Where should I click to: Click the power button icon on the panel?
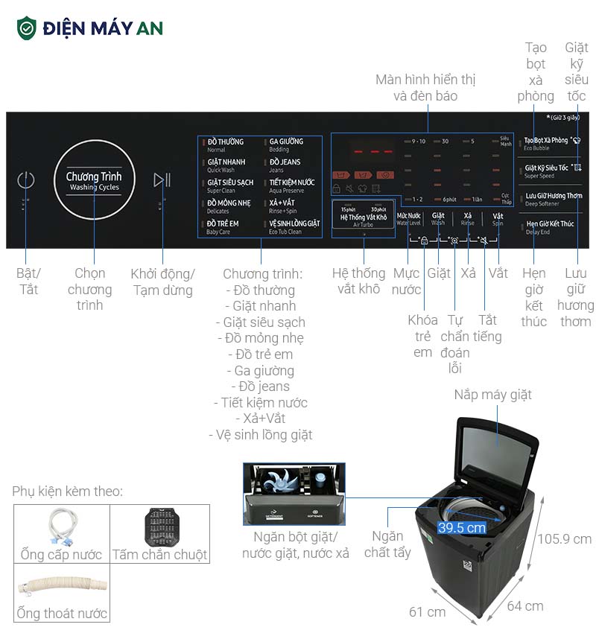[x=26, y=179]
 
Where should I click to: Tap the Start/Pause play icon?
[x=162, y=179]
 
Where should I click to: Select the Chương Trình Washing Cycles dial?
[x=94, y=181]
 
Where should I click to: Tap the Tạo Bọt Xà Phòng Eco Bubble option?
[x=551, y=142]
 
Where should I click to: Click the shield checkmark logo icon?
[x=27, y=28]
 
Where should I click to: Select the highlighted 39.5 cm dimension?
[x=462, y=527]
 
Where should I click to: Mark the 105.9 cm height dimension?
[x=564, y=538]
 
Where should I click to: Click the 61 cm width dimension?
[x=427, y=611]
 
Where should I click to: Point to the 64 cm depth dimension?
[x=524, y=605]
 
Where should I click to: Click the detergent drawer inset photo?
[x=294, y=493]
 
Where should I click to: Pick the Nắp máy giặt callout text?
[x=492, y=395]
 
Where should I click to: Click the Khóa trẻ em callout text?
[x=422, y=336]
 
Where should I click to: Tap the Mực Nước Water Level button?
[x=408, y=218]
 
